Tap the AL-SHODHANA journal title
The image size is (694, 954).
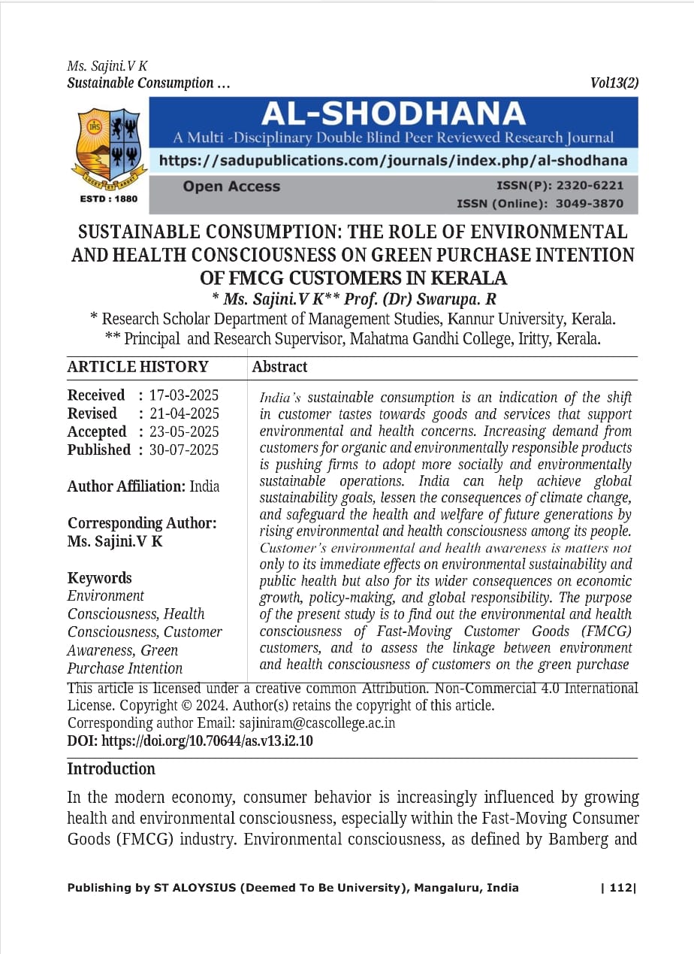(x=393, y=114)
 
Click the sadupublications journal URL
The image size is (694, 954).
(x=393, y=160)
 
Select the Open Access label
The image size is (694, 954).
(x=231, y=186)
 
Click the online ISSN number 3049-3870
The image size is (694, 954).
(x=590, y=203)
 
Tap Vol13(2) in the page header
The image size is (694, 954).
(x=614, y=83)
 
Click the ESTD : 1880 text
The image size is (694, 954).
(x=108, y=199)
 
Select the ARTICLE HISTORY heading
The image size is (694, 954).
(x=137, y=367)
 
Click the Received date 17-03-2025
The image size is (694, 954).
(x=184, y=395)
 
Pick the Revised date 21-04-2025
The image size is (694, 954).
(x=184, y=413)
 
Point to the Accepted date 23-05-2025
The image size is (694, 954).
(x=184, y=432)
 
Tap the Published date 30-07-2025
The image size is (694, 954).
(x=184, y=450)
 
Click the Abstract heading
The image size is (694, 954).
(x=279, y=367)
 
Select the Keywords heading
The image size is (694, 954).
(x=99, y=577)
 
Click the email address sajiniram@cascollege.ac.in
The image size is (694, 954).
(x=317, y=723)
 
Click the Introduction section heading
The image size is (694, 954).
(x=111, y=768)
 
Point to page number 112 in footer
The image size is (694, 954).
(x=621, y=888)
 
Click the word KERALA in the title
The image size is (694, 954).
(x=459, y=278)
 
